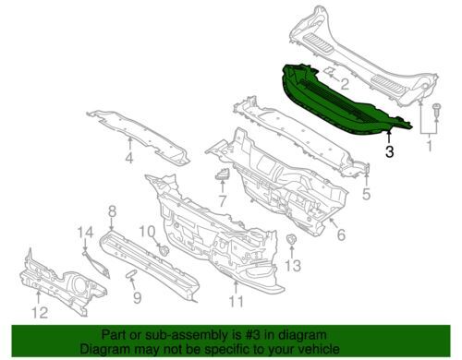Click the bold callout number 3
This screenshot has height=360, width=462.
[x=390, y=151]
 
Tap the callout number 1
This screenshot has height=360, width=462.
[x=429, y=146]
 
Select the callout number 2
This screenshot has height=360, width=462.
[x=345, y=84]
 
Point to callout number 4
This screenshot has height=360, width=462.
[x=129, y=158]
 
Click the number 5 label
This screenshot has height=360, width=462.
[x=366, y=194]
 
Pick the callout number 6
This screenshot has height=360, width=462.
[x=341, y=234]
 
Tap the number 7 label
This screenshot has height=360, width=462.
[x=223, y=200]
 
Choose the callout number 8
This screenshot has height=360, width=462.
[x=113, y=211]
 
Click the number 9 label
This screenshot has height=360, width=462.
[x=137, y=297]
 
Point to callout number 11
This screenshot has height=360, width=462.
[x=237, y=301]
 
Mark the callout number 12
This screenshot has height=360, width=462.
[x=41, y=312]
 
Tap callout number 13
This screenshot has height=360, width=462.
[x=292, y=266]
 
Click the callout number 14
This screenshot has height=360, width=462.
[x=85, y=233]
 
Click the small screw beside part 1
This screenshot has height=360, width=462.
[x=436, y=111]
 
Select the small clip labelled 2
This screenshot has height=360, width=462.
[x=329, y=71]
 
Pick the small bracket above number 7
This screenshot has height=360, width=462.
[x=223, y=174]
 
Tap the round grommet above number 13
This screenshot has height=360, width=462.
[x=291, y=240]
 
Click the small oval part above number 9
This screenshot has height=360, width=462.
[x=130, y=273]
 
